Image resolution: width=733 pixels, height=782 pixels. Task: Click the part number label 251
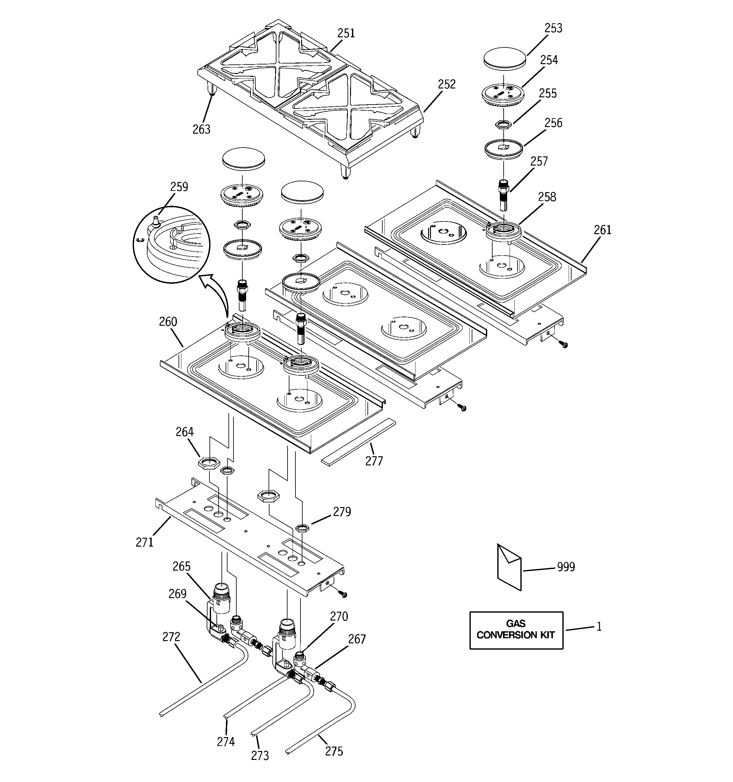point(346,33)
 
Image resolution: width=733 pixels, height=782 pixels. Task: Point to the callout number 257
point(539,161)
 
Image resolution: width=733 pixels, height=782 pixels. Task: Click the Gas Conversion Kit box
point(516,630)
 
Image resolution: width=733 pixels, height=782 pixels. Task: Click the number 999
point(566,567)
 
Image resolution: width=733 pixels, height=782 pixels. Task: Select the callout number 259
point(179,186)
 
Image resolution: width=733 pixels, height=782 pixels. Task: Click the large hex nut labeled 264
point(209,463)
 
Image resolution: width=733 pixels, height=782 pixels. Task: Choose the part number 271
point(144,543)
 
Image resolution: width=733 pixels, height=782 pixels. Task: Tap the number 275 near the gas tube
point(334,751)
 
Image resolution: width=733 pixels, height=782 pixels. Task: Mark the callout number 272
point(171,637)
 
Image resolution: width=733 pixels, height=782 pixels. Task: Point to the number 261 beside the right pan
point(603,230)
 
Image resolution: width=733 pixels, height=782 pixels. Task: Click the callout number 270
point(339,616)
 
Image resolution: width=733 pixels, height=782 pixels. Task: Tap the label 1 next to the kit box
point(599,627)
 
